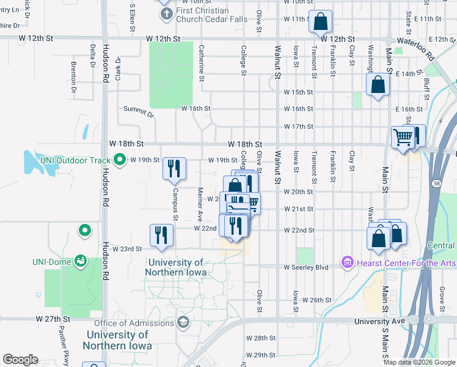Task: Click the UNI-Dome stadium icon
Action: point(80,261)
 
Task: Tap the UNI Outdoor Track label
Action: point(75,160)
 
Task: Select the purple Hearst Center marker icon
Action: point(348,262)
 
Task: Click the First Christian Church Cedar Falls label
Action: point(211,15)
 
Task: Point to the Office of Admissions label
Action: point(133,323)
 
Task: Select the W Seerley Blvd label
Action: point(306,267)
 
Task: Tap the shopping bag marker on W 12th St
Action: point(320,22)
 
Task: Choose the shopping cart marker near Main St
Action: point(403,136)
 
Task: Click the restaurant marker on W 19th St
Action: point(174,167)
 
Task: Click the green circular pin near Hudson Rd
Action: point(85,231)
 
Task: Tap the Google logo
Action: point(20,360)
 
